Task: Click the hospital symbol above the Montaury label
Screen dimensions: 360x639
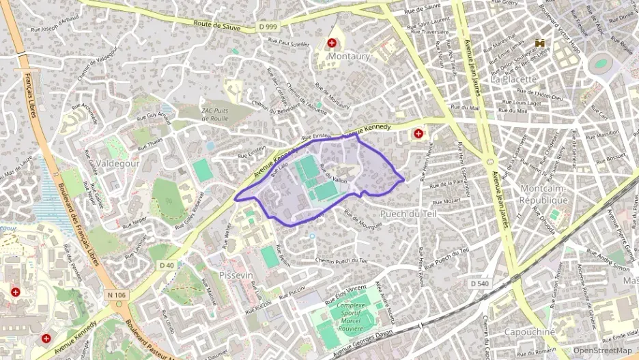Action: [x=332, y=42]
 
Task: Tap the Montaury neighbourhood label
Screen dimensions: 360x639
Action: [x=348, y=55]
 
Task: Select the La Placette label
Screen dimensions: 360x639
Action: [x=514, y=79]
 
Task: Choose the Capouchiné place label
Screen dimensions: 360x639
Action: [x=529, y=331]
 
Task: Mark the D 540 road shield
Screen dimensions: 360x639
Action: [x=479, y=283]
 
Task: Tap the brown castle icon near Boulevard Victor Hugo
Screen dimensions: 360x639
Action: [x=542, y=42]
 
